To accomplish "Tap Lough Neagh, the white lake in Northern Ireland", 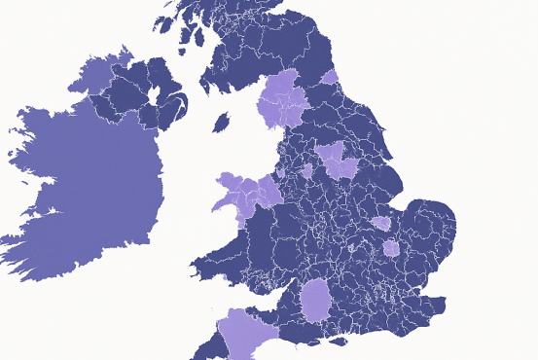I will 152,95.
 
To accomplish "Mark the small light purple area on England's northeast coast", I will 330,77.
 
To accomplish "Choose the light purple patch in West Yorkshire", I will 336,158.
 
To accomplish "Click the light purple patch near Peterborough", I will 381,224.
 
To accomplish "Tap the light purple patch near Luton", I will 391,248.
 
